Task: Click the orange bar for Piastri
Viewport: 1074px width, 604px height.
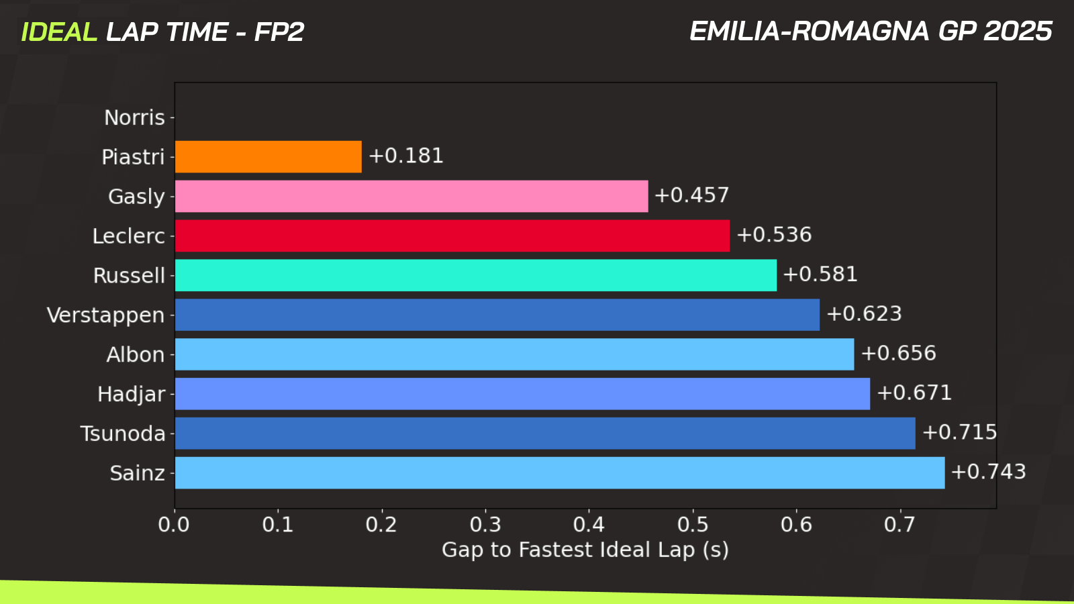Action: (x=268, y=156)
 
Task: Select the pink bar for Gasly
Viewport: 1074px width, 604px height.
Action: (x=411, y=196)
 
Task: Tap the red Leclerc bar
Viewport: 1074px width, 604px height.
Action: (x=452, y=236)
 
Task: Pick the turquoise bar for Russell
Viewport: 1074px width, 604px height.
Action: (x=475, y=275)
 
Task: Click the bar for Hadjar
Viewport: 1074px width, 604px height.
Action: (x=522, y=394)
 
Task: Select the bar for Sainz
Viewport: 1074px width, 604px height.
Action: (x=559, y=473)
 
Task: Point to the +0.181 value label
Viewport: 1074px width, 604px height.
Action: (x=406, y=156)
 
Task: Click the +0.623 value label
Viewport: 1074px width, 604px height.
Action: (x=864, y=314)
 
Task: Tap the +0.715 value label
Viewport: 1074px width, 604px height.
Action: (x=960, y=432)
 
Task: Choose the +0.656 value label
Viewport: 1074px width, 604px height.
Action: (x=898, y=353)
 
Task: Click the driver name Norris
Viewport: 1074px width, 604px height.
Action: (x=134, y=117)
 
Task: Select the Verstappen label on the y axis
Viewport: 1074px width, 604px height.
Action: (x=105, y=315)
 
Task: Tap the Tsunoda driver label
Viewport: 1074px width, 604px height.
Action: (x=122, y=434)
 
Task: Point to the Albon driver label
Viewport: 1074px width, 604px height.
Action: (x=135, y=354)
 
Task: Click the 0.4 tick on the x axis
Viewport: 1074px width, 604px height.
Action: (x=589, y=524)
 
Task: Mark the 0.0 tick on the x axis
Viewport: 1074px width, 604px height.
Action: (x=174, y=524)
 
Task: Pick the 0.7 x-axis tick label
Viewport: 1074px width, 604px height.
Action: (x=899, y=524)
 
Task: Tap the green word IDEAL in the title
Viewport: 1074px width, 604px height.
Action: (x=59, y=32)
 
